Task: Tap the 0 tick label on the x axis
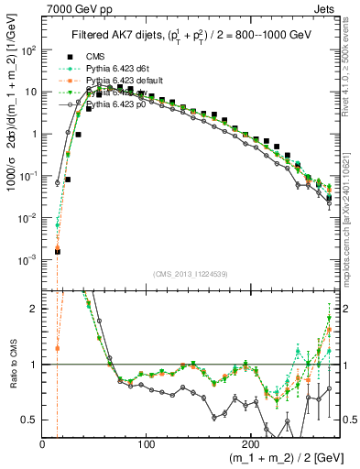click(x=42, y=443)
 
